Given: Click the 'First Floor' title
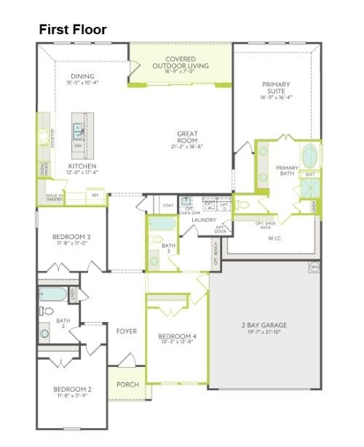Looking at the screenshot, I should tap(73, 30).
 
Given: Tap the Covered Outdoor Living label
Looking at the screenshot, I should tap(181, 63).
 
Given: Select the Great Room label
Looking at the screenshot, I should tap(187, 137).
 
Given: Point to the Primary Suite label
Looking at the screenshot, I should tap(276, 89).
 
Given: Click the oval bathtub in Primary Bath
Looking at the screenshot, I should tap(309, 156).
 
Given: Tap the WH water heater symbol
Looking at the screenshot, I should tap(314, 267).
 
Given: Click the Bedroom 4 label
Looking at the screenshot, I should tap(178, 336).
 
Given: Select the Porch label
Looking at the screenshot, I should tap(127, 384).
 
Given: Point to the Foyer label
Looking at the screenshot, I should tap(127, 331).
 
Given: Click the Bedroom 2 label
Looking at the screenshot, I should tap(72, 390).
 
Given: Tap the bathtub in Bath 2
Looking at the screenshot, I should tap(53, 294).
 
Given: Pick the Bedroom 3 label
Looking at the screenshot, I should tap(71, 237).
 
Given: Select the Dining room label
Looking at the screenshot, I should tap(83, 76).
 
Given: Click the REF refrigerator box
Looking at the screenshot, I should tap(95, 196).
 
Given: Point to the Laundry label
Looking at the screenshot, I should tap(205, 220).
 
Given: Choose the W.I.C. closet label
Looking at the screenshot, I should tap(274, 238).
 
